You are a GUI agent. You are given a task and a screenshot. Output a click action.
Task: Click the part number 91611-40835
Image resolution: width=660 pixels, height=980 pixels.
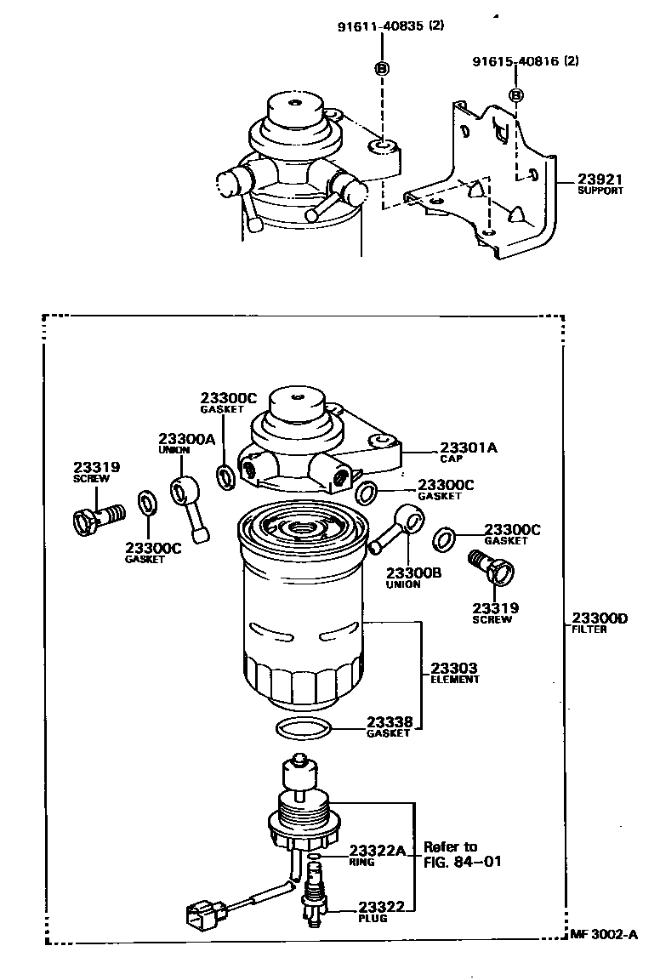(380, 26)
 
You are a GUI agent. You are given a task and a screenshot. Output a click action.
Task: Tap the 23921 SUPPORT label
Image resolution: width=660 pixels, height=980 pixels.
(600, 184)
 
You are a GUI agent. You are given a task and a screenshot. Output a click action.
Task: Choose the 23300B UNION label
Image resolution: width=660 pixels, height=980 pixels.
(413, 578)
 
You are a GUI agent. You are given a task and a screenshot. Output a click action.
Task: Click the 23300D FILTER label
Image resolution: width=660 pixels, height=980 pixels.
(599, 623)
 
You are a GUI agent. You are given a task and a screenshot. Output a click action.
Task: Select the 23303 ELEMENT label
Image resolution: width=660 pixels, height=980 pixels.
(454, 673)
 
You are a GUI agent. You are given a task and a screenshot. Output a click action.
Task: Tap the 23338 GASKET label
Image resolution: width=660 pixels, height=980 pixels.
(389, 726)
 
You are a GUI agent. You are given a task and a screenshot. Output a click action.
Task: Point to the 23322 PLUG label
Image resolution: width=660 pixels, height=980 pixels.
(380, 911)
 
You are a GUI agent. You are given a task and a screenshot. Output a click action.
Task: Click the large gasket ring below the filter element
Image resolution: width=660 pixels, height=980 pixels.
(304, 728)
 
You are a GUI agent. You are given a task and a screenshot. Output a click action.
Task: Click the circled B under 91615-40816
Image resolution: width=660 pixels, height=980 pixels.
(515, 95)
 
